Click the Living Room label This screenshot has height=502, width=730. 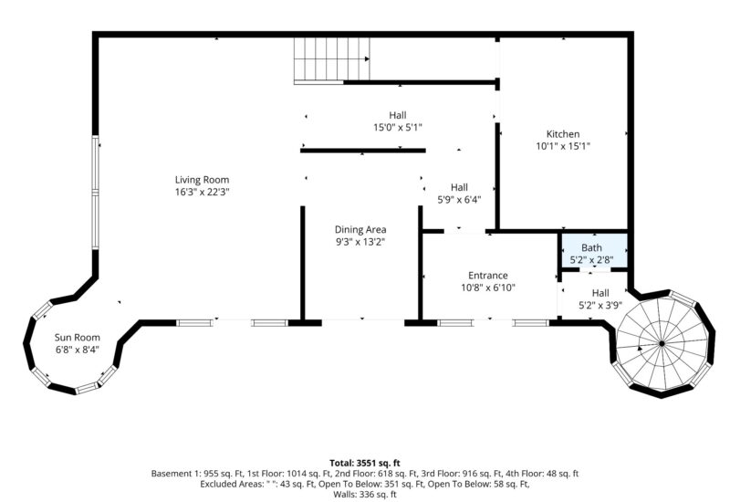202,180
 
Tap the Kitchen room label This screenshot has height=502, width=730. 562,134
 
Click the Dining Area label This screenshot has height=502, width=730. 361,229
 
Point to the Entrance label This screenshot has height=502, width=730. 487,275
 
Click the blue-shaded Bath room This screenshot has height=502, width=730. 592,248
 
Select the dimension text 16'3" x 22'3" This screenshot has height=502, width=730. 202,192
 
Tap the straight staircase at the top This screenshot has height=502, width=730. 331,60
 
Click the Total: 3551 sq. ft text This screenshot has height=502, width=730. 365,463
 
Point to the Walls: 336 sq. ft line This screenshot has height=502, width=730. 365,496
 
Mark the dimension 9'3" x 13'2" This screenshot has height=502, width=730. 361,242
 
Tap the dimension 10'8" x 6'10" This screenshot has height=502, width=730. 487,288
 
